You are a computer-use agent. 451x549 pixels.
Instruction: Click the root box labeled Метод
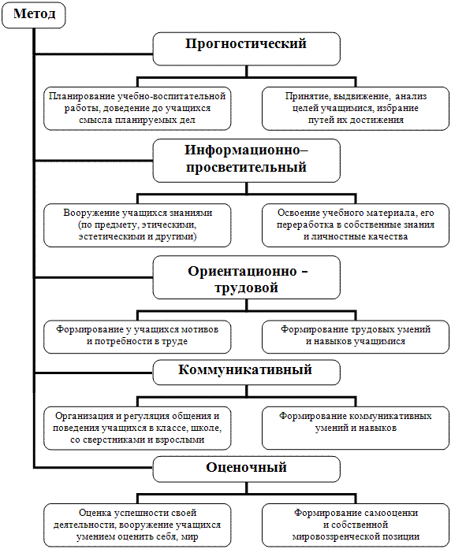[34, 15]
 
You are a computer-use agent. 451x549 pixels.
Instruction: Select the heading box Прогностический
[246, 49]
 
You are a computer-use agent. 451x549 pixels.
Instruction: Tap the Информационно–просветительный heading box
[246, 161]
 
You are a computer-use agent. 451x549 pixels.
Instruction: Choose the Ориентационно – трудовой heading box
[246, 277]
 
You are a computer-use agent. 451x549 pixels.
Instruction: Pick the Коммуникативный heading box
[246, 373]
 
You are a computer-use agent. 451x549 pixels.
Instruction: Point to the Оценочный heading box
[246, 469]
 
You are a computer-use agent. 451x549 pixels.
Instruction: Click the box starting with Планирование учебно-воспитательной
[137, 109]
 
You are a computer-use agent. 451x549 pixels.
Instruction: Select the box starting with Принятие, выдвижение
[356, 109]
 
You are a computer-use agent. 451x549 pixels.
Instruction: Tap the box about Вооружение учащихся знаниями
[137, 225]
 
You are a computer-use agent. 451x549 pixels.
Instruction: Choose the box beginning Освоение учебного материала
[356, 225]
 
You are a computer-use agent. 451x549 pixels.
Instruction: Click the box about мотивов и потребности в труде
[137, 337]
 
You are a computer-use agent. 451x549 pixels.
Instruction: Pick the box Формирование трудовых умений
[356, 337]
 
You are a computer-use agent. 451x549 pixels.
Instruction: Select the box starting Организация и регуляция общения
[137, 428]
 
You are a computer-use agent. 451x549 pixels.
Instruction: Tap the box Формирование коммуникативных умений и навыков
[356, 428]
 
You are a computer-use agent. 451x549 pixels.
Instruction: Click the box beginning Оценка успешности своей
[137, 525]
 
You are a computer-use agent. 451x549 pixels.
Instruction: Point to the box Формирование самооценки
[356, 525]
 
